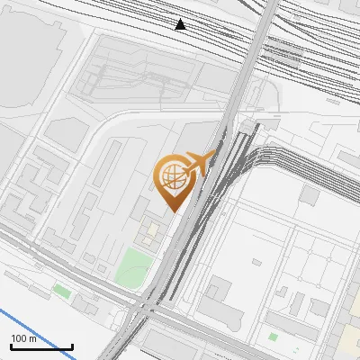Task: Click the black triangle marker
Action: coord(181,24)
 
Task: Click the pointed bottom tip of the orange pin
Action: coord(173,211)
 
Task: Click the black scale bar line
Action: coord(41,346)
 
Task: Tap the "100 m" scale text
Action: coord(24,338)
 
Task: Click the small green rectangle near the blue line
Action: coord(61,291)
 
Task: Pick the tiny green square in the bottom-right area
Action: coord(273,337)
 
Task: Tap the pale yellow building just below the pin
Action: coord(149,235)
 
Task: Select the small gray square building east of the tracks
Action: coord(310,195)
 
